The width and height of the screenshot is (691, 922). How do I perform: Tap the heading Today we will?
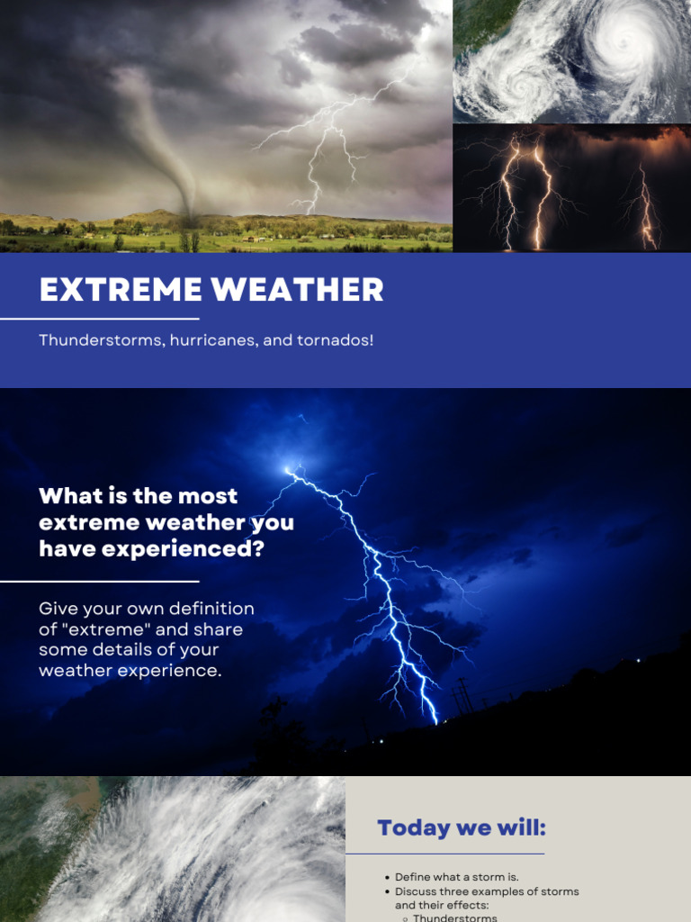[x=461, y=827]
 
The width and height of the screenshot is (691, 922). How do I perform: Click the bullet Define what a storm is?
[x=456, y=877]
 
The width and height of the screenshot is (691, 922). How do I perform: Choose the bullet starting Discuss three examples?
[x=486, y=891]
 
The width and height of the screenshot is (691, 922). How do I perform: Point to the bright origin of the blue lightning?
[x=290, y=469]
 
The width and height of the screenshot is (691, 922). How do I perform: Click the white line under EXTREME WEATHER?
[x=99, y=319]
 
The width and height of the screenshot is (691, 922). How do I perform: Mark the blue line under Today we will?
[x=444, y=854]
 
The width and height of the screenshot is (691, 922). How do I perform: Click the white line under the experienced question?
[x=99, y=582]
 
